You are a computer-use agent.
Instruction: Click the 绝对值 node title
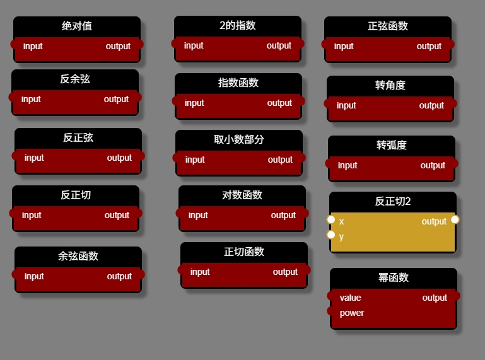[x=77, y=26]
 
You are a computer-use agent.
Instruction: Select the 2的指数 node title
[x=238, y=25]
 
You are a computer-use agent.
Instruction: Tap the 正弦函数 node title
[x=388, y=26]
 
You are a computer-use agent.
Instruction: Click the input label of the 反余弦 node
[x=31, y=99]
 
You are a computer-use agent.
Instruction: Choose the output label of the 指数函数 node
[x=279, y=103]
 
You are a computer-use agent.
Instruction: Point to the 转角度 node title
[x=390, y=85]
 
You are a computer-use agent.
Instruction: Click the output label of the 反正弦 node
[x=119, y=158]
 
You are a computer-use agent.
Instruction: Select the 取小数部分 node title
[x=239, y=139]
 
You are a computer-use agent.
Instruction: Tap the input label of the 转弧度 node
[x=348, y=165]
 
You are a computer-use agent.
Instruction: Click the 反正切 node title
[x=76, y=195]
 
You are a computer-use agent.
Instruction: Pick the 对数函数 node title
[x=242, y=195]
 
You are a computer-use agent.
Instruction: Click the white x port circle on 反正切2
[x=331, y=219]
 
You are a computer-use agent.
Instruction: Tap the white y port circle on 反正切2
[x=331, y=235]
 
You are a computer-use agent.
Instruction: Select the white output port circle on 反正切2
[x=455, y=219]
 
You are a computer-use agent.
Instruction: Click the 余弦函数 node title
[x=78, y=256]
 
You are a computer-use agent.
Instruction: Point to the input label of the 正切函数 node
[x=200, y=272]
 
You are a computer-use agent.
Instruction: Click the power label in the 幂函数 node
[x=352, y=313]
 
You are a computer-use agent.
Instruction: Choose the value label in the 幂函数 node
[x=351, y=298]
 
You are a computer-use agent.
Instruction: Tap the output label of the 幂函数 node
[x=435, y=298]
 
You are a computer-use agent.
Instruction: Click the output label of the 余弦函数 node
[x=119, y=276]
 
